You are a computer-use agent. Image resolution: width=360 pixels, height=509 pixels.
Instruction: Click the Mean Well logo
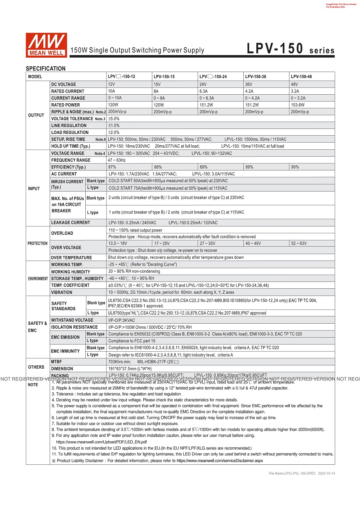pos(46,45)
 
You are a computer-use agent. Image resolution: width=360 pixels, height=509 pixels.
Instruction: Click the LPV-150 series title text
pos(290,49)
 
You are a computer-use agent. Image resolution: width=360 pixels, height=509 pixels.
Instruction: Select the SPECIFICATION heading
pos(46,68)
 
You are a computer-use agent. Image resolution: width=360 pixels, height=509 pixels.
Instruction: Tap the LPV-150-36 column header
pos(256,77)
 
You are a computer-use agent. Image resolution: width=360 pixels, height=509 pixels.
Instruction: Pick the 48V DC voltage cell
pos(294,84)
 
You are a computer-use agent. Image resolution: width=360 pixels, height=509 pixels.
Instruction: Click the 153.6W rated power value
pos(298,105)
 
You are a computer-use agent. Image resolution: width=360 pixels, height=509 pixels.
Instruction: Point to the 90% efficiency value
pos(295,167)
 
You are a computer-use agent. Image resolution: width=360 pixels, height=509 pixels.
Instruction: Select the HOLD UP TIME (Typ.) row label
pos(71,146)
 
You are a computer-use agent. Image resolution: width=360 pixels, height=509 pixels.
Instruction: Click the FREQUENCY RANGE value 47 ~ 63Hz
pos(117,160)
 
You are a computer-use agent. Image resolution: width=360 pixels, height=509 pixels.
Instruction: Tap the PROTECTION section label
pos(37,243)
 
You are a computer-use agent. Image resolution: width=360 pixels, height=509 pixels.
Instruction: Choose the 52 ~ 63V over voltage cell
pos(299,243)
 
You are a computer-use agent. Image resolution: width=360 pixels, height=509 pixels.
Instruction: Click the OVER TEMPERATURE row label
pos(71,258)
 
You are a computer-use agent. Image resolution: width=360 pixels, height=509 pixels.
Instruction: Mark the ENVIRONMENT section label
pos(38,279)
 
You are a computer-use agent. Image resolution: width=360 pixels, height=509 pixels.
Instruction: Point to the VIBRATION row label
pos(62,293)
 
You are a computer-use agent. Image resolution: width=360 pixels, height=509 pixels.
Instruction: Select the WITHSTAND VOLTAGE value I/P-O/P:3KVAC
pos(122,320)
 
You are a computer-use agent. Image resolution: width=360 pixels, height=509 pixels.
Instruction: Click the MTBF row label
pos(57,362)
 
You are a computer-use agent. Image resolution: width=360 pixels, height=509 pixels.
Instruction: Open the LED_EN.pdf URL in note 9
pos(101,442)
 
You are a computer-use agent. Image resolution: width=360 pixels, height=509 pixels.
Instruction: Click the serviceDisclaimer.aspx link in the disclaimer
pos(220,460)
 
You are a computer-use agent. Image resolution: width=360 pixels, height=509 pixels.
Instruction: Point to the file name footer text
pos(301,473)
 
